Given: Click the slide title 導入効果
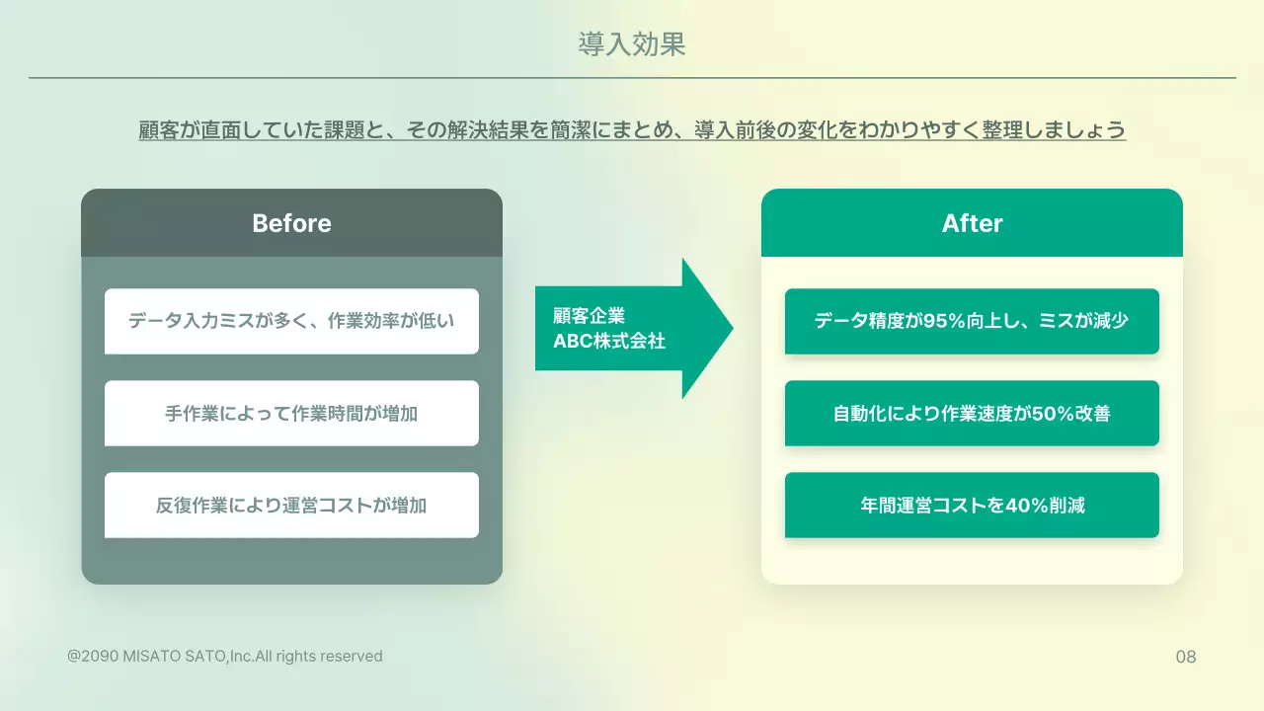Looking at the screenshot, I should point(632,44).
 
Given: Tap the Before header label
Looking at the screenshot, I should point(291,223).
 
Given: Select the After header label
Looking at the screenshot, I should point(972,223).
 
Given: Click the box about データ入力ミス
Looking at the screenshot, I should point(291,321).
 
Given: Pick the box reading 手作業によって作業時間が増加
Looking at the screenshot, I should point(291,413).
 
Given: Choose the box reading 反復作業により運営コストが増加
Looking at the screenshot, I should point(291,505).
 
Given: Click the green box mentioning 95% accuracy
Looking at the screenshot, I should point(972,321).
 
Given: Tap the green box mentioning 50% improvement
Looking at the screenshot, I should point(972,413).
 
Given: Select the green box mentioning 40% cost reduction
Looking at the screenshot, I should point(972,505).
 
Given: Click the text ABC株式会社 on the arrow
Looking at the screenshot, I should point(609,342).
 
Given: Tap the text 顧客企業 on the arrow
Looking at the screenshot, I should point(589,316).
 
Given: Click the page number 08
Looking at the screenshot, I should point(1186,657).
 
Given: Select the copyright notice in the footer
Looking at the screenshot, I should point(225,656).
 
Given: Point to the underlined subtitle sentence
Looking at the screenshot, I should point(632,130).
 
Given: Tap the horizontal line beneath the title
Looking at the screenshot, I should point(632,77).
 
